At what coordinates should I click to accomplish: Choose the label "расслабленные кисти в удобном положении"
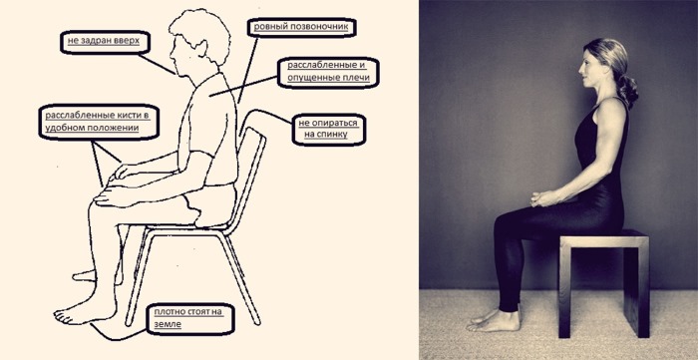coord(96,123)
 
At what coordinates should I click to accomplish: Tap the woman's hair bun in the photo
coord(627,92)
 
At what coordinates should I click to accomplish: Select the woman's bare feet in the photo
coord(493,321)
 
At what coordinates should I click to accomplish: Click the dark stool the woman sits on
coord(603,269)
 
